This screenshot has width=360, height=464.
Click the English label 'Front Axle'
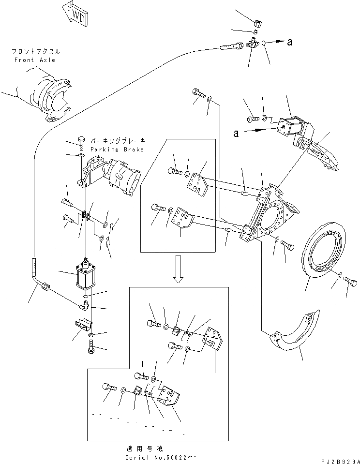(34, 60)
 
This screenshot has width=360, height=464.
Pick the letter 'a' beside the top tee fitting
(289, 42)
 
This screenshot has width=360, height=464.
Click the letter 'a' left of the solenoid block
(236, 134)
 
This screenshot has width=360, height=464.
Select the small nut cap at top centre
(258, 22)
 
